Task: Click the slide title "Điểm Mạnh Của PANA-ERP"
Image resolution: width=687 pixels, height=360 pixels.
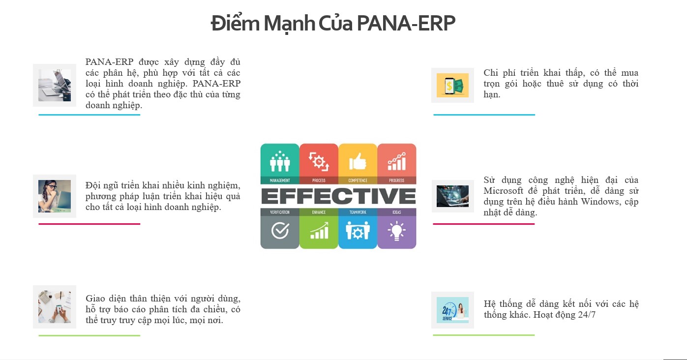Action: [x=333, y=23]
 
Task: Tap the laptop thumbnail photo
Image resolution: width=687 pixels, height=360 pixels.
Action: [x=55, y=85]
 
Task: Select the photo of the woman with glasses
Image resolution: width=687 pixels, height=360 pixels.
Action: [x=55, y=196]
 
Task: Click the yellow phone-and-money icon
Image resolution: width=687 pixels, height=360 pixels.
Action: [x=452, y=85]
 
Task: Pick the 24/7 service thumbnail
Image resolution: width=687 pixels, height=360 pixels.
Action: [x=452, y=310]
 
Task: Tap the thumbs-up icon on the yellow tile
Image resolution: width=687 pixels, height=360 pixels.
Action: [x=358, y=161]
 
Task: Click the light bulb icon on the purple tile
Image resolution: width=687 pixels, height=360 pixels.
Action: [x=396, y=231]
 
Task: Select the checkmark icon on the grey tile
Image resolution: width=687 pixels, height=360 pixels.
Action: [x=280, y=231]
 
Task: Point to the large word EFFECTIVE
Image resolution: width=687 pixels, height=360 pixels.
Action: [x=338, y=196]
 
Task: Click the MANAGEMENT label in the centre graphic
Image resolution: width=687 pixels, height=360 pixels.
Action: [x=280, y=180]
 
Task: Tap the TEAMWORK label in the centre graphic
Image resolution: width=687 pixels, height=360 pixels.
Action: [x=358, y=212]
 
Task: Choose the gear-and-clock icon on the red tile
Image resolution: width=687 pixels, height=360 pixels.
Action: [x=319, y=161]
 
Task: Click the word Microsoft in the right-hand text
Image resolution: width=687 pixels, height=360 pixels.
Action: [x=503, y=191]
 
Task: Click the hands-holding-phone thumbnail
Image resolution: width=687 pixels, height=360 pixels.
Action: [x=55, y=307]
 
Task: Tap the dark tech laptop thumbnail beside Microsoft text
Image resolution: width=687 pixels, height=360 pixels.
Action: [x=452, y=196]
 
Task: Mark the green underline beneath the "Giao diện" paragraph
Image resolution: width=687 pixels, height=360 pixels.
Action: [x=89, y=336]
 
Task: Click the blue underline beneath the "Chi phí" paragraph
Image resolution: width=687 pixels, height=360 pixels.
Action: [x=484, y=115]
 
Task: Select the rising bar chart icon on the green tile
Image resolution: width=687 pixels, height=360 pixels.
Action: [x=319, y=231]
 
